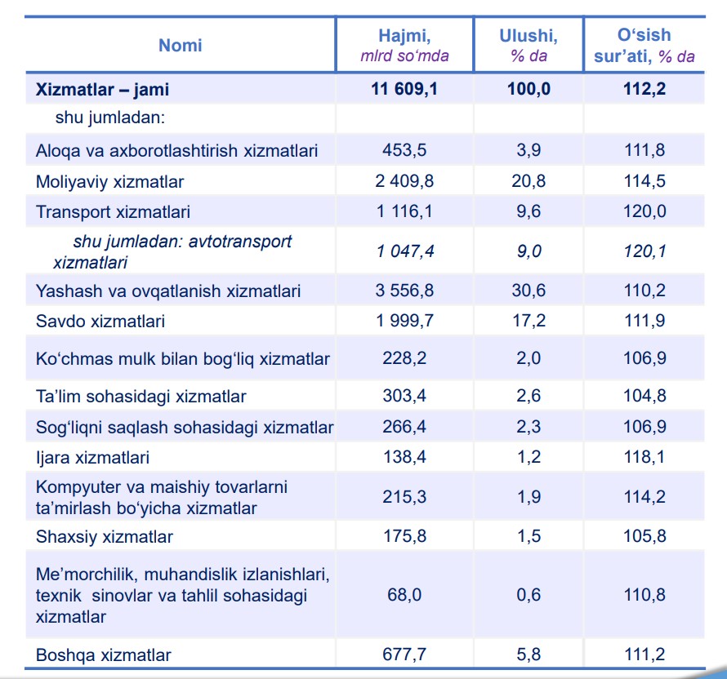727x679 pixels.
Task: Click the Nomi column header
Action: (x=181, y=46)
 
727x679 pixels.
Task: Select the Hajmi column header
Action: (x=405, y=46)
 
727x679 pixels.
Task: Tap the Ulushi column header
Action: (x=529, y=46)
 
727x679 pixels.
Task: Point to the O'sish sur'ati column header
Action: (x=644, y=46)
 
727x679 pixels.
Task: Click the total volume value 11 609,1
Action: (x=404, y=88)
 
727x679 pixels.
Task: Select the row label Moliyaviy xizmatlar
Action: (x=110, y=181)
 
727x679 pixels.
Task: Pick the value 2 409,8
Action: (x=404, y=180)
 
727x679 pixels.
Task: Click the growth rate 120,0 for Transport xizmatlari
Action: (x=644, y=211)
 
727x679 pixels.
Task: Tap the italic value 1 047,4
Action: (x=405, y=251)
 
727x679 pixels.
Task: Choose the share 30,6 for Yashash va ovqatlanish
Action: (x=529, y=291)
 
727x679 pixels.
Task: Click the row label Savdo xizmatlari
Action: (x=100, y=321)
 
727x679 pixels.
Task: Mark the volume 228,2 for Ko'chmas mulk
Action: (x=404, y=358)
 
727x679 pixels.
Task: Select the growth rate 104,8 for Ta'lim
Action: (x=644, y=396)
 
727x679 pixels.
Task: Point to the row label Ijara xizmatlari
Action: (x=93, y=458)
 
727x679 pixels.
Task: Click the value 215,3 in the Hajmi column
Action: (x=404, y=496)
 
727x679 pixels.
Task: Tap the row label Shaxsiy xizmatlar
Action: (x=105, y=537)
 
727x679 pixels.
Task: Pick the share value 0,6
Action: (x=529, y=594)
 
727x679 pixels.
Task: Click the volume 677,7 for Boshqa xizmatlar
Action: (x=404, y=654)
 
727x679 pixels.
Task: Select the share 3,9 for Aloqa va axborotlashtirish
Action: (x=529, y=149)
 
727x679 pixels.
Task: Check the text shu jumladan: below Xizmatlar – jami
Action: (x=110, y=118)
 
